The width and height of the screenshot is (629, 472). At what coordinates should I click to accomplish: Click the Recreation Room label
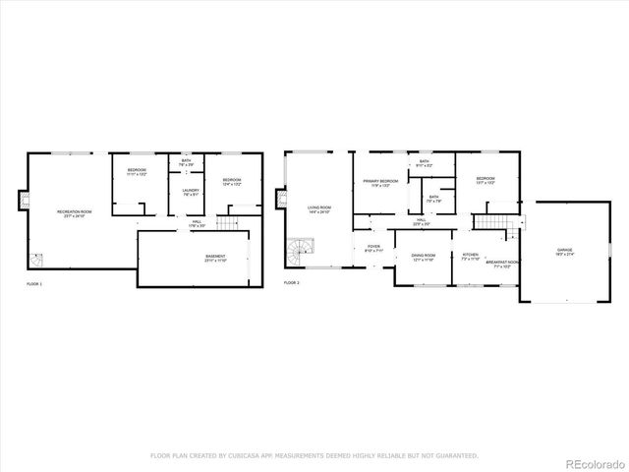[x=74, y=213]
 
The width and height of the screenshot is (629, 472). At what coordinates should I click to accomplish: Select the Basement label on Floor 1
[x=215, y=259]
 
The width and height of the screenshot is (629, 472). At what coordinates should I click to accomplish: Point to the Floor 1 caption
[x=33, y=283]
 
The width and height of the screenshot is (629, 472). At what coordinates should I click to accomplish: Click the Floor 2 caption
[x=291, y=283]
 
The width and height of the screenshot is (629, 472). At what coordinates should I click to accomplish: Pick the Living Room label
[x=318, y=208]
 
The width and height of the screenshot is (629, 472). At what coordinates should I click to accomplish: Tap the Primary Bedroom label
[x=379, y=183]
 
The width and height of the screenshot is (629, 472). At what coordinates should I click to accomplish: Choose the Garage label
[x=564, y=251]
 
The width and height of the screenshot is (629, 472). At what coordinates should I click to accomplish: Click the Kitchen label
[x=470, y=257]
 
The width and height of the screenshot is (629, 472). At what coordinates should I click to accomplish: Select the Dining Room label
[x=424, y=257]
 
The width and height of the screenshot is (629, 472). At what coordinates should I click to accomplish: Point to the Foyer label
[x=373, y=248]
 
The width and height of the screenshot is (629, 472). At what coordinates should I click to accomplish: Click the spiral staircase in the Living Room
[x=297, y=254]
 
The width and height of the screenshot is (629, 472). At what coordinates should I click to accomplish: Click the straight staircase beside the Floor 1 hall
[x=228, y=225]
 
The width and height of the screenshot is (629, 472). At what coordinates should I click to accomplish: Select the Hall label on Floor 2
[x=420, y=222]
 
